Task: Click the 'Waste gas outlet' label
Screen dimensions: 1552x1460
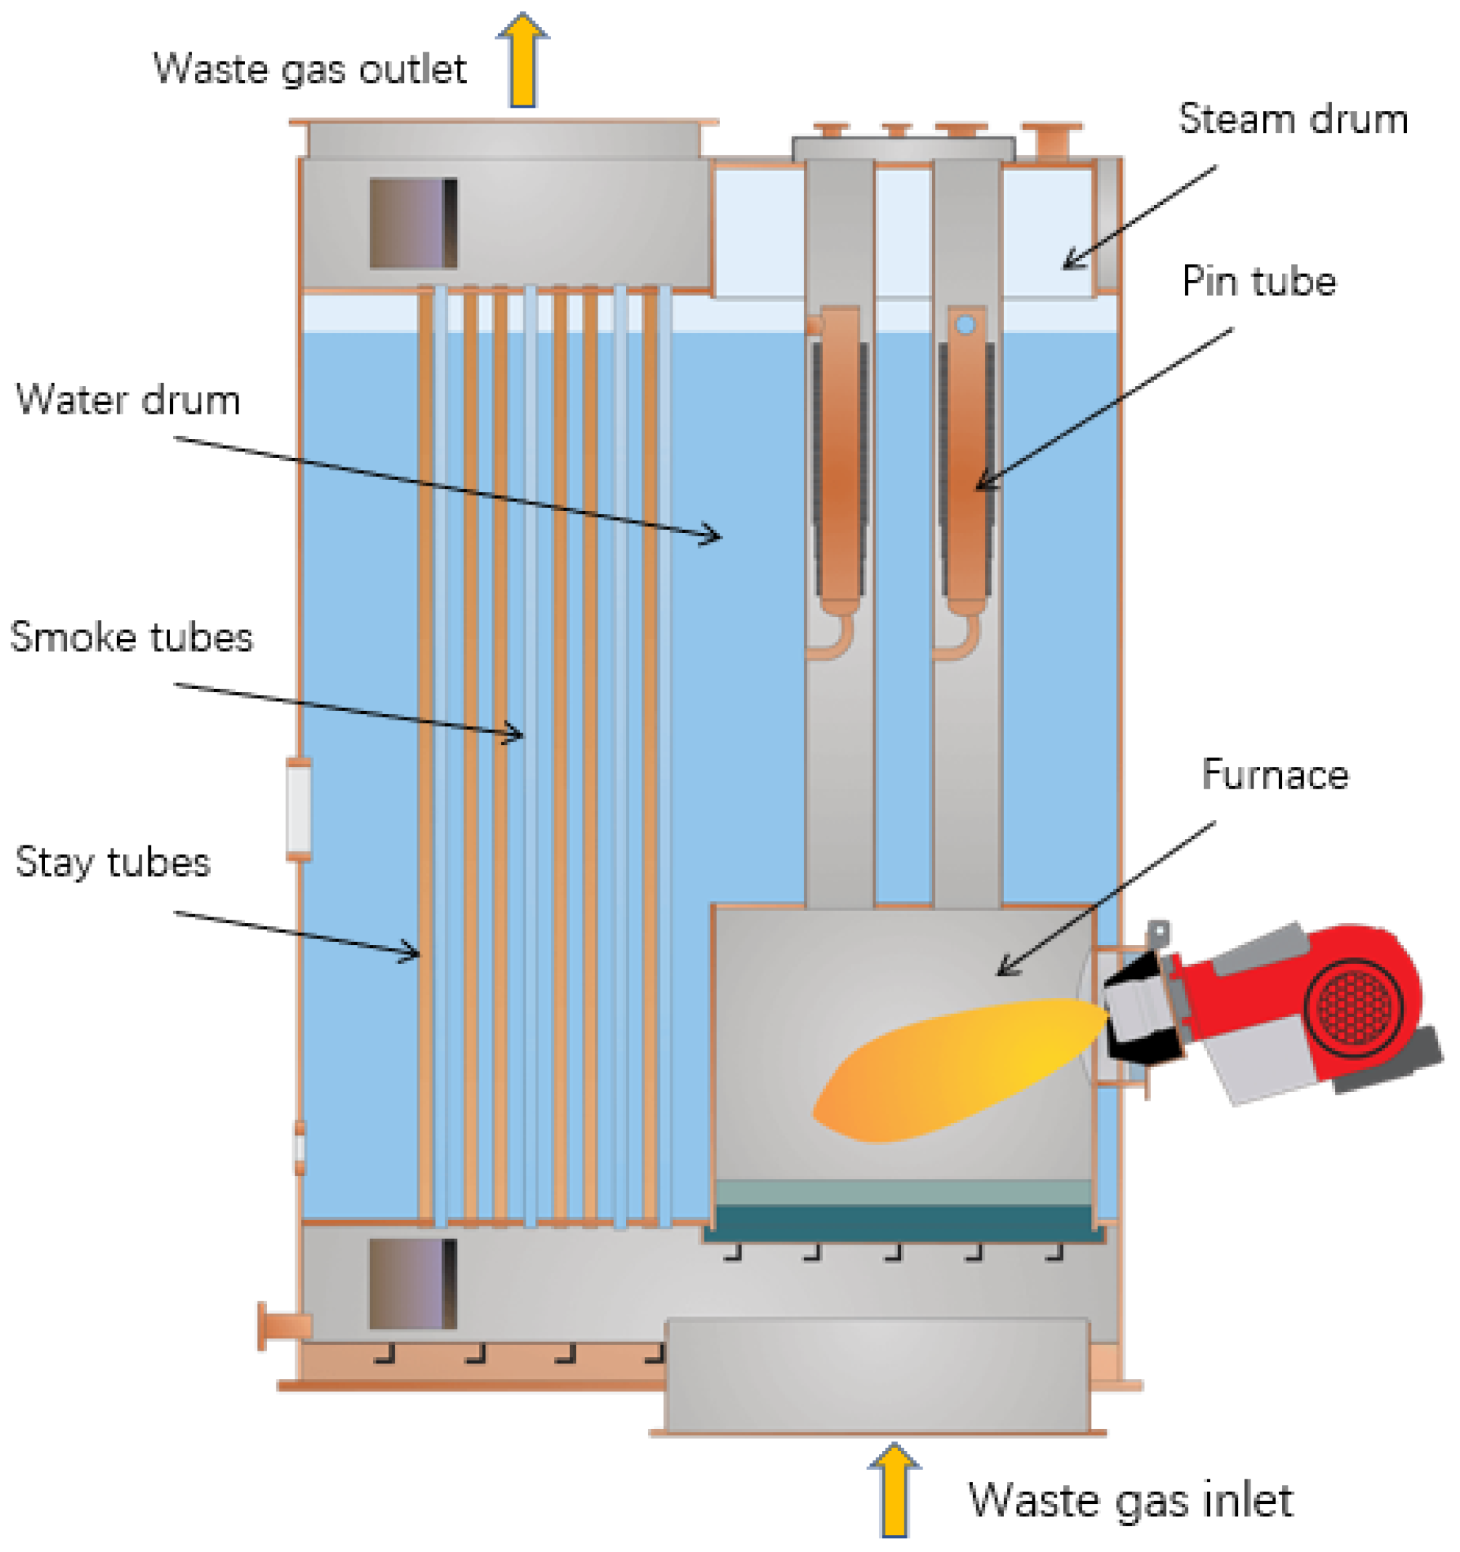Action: [310, 69]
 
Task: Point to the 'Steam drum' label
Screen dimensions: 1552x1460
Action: [1293, 119]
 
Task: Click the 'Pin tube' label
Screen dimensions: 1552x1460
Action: [1259, 281]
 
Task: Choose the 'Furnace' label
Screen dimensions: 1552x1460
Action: [1275, 774]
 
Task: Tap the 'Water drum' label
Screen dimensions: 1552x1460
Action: [128, 400]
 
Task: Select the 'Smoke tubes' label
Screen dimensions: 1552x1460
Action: [131, 637]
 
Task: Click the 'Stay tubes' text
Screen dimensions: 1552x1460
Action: [113, 862]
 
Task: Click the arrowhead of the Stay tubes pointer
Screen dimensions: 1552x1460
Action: [416, 952]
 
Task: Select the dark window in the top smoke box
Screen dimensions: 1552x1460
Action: [413, 223]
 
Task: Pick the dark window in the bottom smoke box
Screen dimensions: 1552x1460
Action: [413, 1284]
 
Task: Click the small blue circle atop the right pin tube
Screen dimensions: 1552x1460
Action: [966, 325]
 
